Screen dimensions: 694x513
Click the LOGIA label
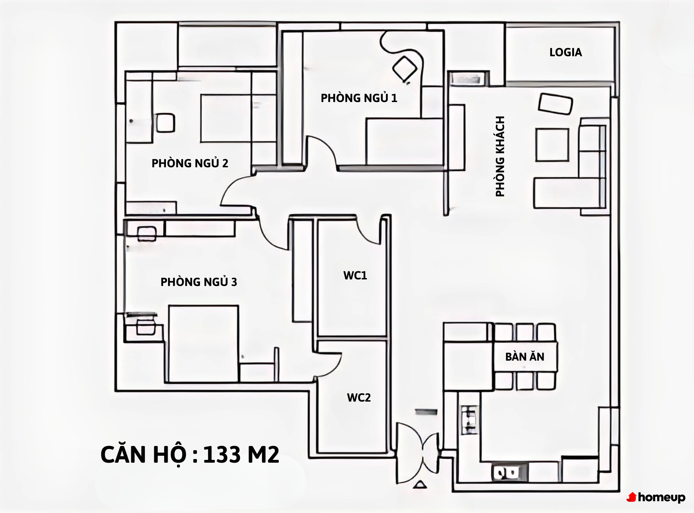566,52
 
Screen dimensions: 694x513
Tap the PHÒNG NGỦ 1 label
359,98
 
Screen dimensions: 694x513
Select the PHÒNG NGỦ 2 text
190,163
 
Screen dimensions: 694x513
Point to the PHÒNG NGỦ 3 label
199,282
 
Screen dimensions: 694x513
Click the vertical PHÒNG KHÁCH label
500,157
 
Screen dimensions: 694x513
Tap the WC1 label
355,276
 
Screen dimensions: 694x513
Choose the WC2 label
359,398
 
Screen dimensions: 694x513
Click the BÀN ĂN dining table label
525,356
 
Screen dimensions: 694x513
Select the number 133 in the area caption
222,455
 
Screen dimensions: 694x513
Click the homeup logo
656,497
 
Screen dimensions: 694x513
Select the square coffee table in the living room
552,145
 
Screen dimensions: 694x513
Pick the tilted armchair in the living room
555,103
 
